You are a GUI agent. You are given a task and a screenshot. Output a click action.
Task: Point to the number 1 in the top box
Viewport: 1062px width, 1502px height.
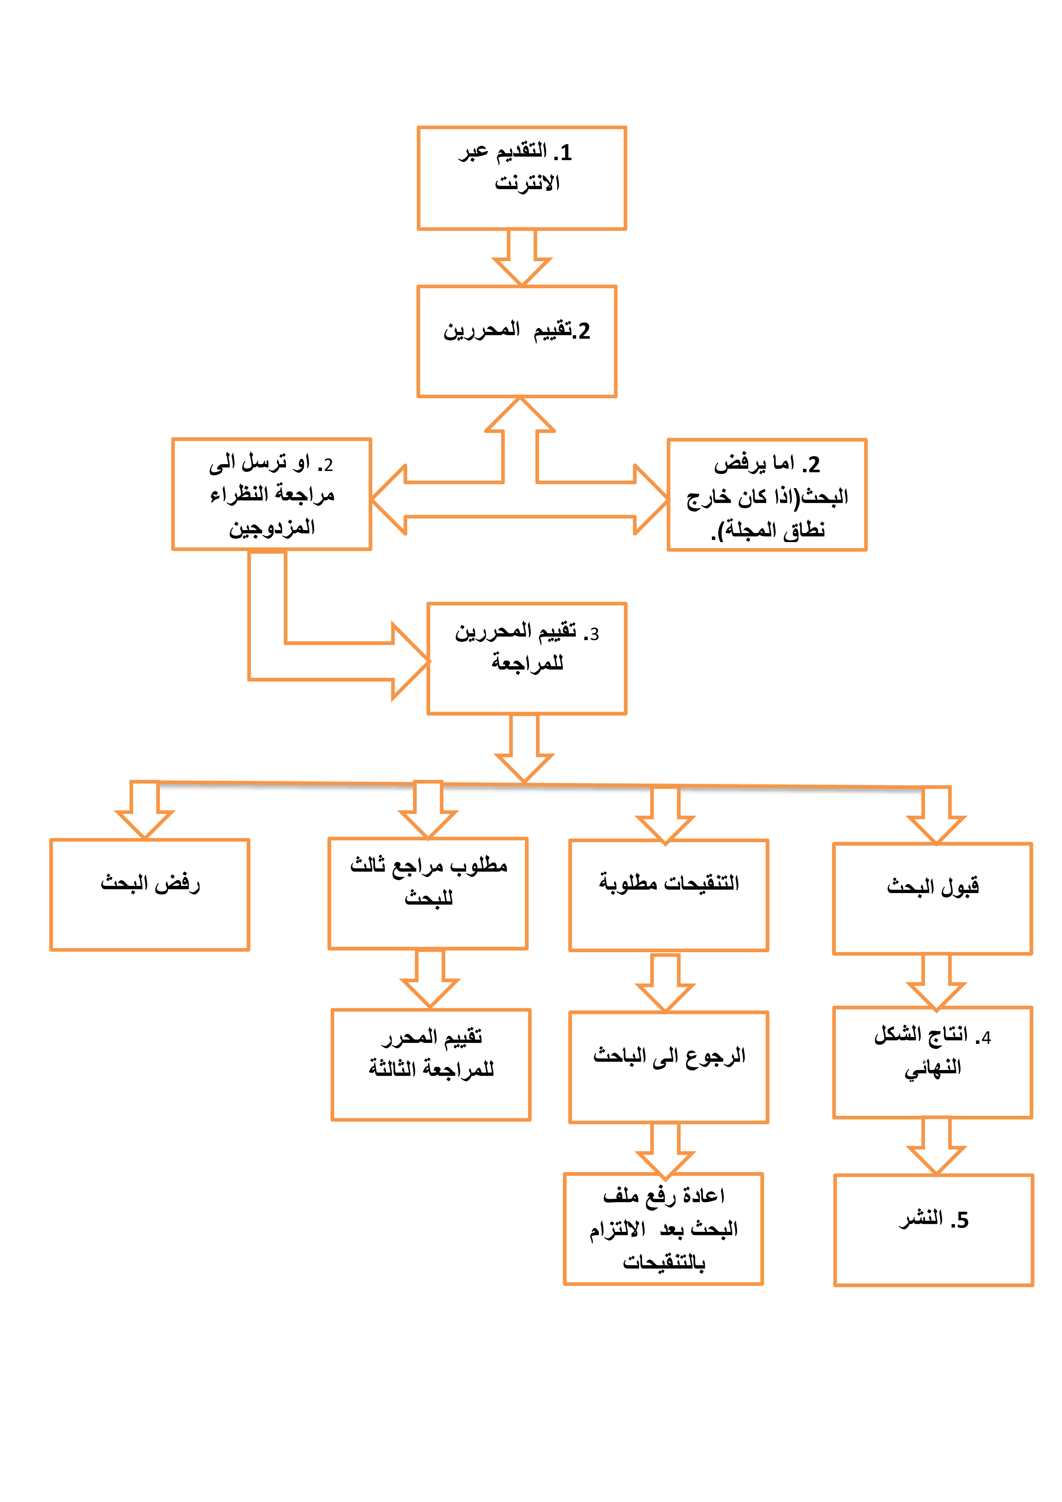point(565,153)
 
